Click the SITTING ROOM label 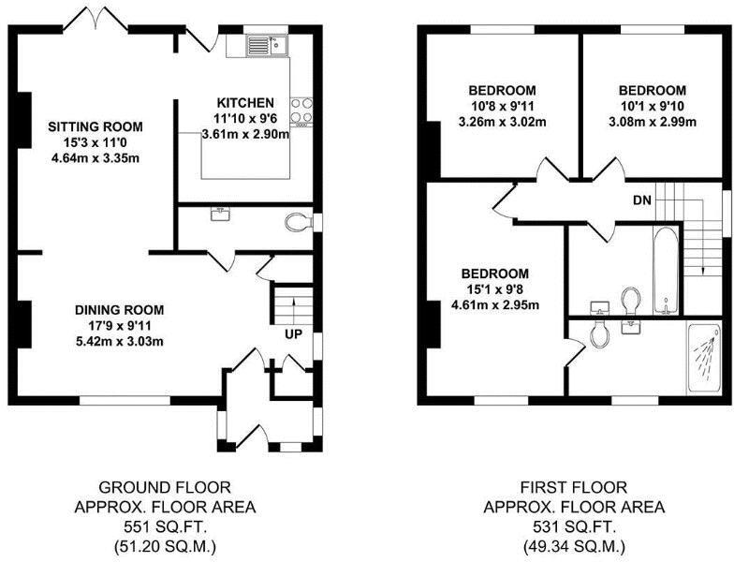point(95,126)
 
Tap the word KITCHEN point(245,102)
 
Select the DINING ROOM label point(120,310)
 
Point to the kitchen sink point(270,45)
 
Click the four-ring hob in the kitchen point(302,111)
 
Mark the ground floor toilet point(299,223)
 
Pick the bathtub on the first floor point(665,269)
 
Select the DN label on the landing point(641,200)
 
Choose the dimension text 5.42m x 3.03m point(120,340)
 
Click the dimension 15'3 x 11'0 point(95,141)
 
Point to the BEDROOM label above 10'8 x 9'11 point(502,91)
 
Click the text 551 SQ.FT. point(164,526)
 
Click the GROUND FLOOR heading point(164,487)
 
